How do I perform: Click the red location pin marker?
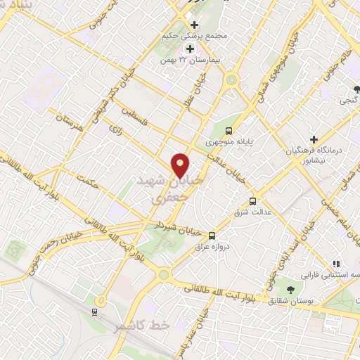(181, 166)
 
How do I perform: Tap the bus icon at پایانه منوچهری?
(229, 131)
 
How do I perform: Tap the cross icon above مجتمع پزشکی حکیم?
(195, 25)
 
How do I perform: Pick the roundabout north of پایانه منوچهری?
(231, 80)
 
